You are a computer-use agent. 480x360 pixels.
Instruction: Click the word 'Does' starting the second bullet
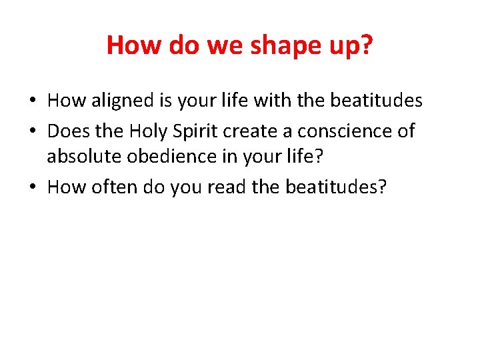tap(70, 131)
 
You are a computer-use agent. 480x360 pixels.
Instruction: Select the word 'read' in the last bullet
tap(227, 187)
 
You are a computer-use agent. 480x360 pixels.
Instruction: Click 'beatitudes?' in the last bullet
tap(335, 187)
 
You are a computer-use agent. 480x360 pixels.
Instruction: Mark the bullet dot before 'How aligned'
tap(33, 101)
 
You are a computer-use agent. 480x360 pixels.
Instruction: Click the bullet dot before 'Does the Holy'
tap(33, 131)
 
